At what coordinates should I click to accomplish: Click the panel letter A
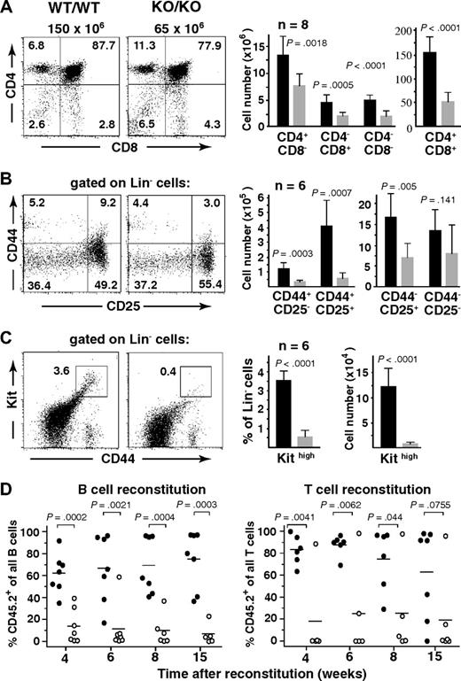point(8,8)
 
